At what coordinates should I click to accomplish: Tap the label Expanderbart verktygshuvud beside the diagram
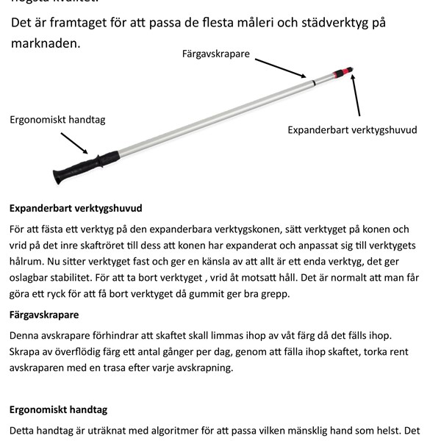(x=352, y=130)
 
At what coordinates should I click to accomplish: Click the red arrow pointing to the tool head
(x=356, y=93)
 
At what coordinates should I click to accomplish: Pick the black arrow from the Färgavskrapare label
(x=284, y=68)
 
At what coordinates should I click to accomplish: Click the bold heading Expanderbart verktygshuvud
(x=76, y=208)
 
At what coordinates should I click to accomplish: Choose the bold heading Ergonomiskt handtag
(x=58, y=409)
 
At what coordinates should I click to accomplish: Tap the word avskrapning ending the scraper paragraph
(x=201, y=367)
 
